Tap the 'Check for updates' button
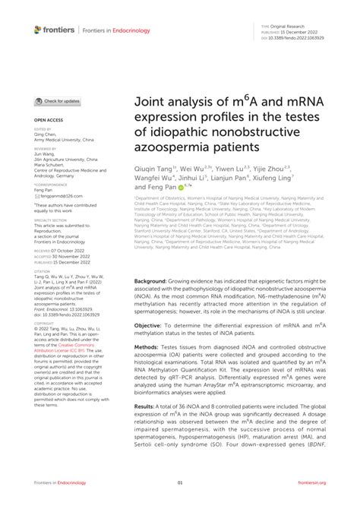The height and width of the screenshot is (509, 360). [57, 100]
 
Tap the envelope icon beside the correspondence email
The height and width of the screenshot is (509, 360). [36, 195]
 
